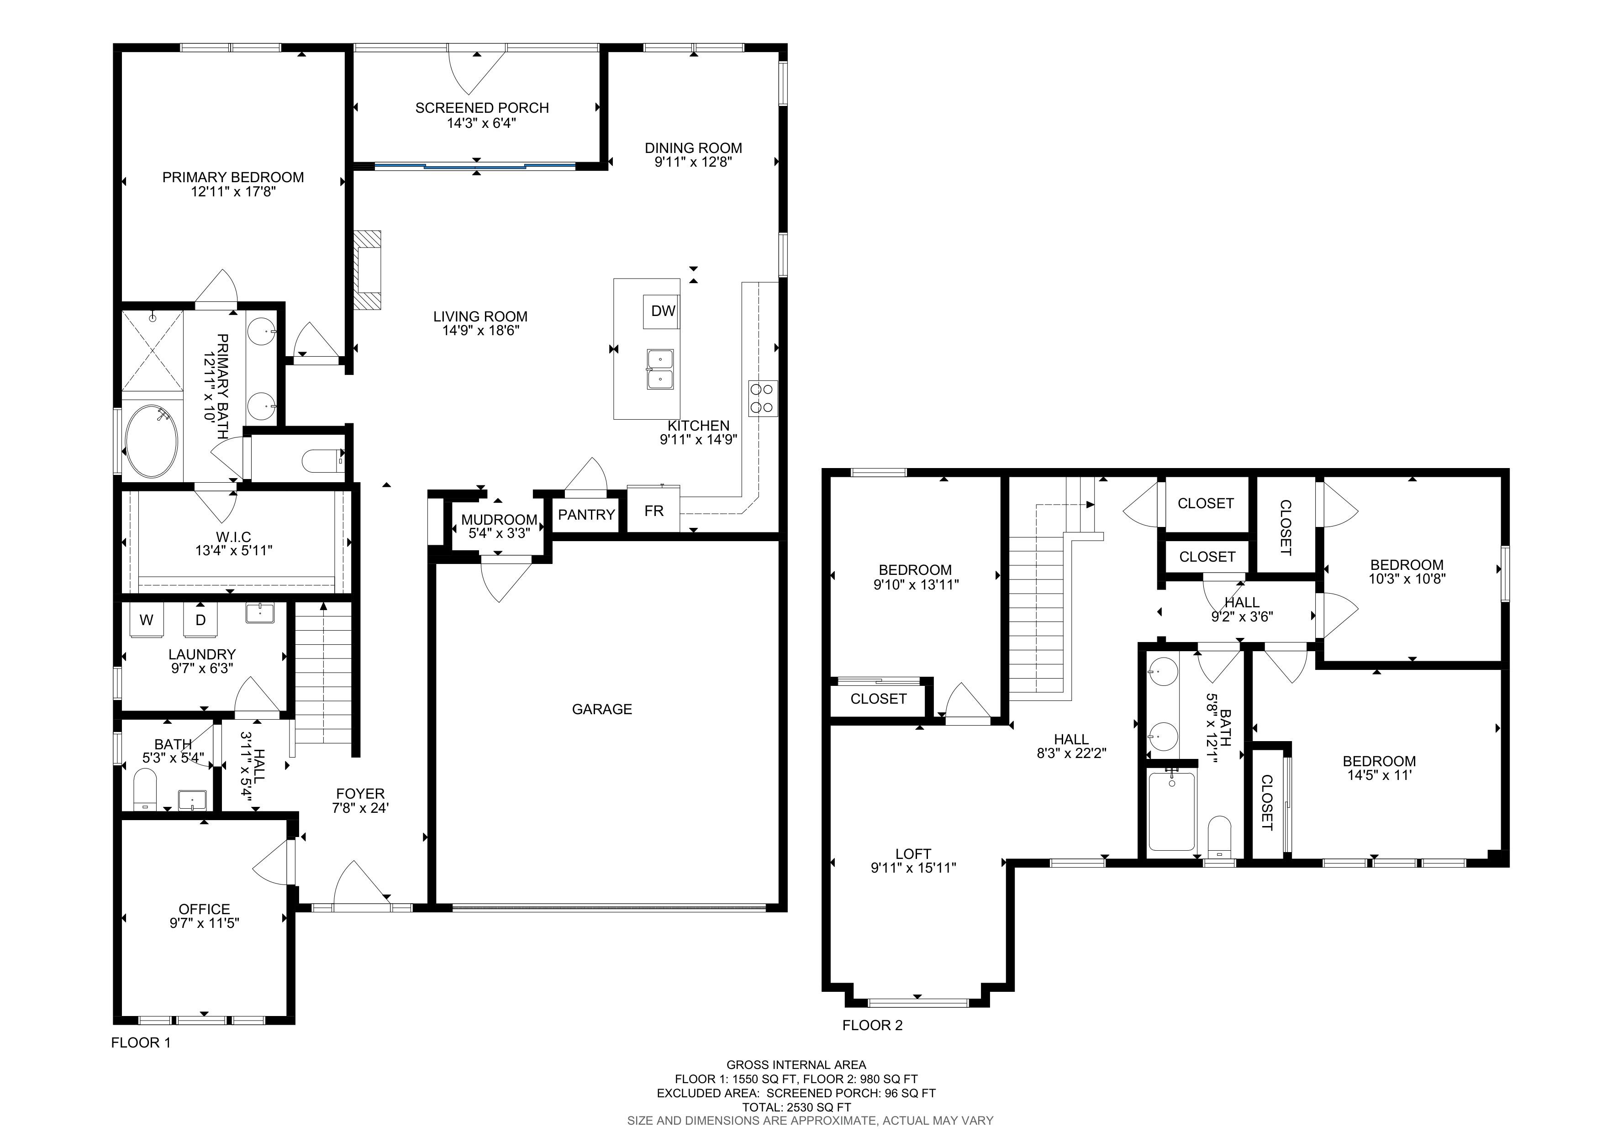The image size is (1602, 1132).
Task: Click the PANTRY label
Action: [x=586, y=515]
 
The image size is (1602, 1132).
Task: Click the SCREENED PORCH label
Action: [x=482, y=108]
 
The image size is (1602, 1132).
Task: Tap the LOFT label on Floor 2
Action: [x=913, y=854]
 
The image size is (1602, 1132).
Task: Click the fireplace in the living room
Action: [x=368, y=271]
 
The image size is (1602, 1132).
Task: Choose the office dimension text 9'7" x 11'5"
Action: [x=205, y=923]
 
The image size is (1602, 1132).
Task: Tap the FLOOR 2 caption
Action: [x=872, y=1025]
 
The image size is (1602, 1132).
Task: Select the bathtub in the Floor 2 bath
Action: [x=1172, y=811]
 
